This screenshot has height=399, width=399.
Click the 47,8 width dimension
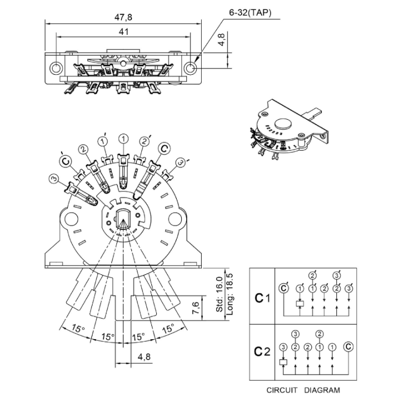[x=123, y=17]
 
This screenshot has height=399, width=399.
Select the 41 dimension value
[x=124, y=32]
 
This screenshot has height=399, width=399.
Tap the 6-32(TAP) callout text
[x=250, y=12]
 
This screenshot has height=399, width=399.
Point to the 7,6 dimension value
[x=196, y=308]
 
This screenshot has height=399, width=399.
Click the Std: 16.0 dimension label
[x=219, y=294]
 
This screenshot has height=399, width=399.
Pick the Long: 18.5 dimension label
[x=229, y=294]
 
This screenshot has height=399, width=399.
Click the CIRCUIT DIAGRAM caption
[x=303, y=390]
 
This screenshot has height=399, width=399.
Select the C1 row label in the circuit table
[x=262, y=298]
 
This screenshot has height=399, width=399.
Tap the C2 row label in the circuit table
[x=262, y=351]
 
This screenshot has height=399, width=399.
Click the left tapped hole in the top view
[x=56, y=68]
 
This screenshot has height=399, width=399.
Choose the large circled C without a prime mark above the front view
[x=165, y=148]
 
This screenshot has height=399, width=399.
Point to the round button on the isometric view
[x=283, y=124]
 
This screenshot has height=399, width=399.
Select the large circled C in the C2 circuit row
[x=349, y=346]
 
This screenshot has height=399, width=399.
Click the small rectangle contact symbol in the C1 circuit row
[x=300, y=304]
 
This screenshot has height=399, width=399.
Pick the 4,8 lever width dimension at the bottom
[x=144, y=357]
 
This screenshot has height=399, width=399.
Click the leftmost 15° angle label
[x=78, y=328]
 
